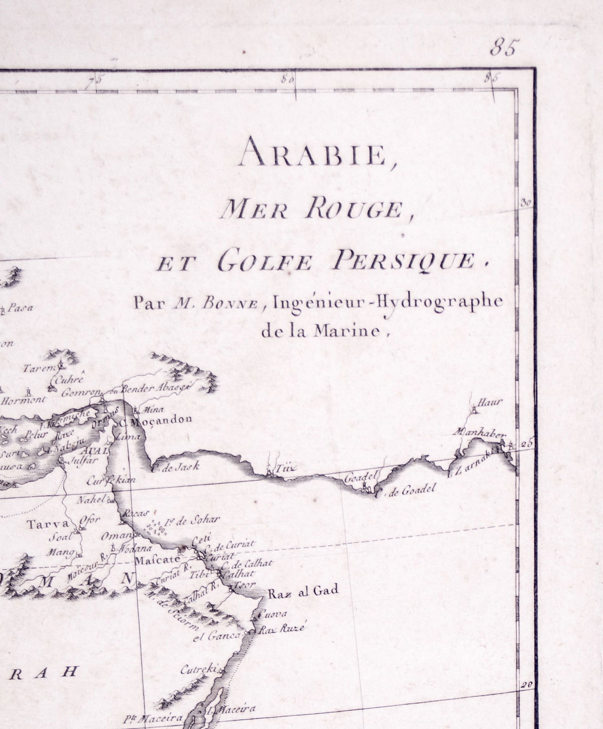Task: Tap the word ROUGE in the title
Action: pyautogui.click(x=358, y=209)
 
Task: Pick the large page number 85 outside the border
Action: pyautogui.click(x=505, y=48)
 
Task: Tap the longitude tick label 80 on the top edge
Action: pyautogui.click(x=288, y=80)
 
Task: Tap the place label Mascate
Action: pyautogui.click(x=156, y=560)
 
